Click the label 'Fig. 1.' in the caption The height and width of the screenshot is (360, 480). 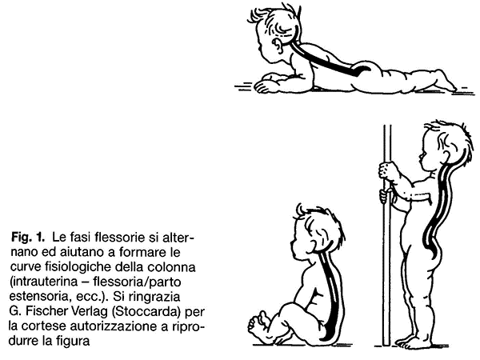tap(28, 237)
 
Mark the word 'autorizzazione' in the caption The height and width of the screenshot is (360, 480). tap(119, 326)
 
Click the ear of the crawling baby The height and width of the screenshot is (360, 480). tap(278, 46)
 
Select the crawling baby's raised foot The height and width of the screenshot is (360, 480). tap(443, 80)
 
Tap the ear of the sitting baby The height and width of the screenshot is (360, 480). tap(314, 243)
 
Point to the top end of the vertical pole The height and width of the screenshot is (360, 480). tap(387, 126)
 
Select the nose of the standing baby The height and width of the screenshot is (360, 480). tap(422, 157)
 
